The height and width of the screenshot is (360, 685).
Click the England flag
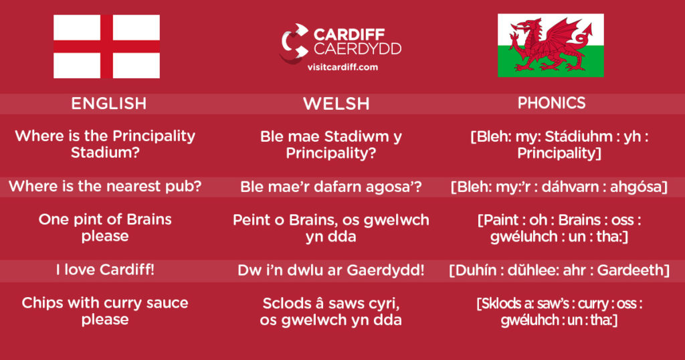pos(106,46)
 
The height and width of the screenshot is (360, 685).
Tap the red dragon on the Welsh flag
pos(551,45)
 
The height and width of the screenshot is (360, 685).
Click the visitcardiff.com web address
pos(342,68)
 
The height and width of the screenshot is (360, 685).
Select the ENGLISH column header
pos(109,104)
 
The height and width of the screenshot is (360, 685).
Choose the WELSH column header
pos(336,104)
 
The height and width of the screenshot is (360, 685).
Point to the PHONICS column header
pos(551,103)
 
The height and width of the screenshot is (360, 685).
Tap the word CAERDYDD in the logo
pos(357,49)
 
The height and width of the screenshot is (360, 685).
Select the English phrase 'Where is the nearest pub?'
pos(105,187)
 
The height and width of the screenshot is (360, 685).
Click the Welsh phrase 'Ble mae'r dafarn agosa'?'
pos(330,187)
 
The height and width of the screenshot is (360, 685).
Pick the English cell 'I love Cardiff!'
pos(105,270)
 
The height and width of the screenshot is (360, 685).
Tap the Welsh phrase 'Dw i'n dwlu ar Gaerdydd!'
pos(330,270)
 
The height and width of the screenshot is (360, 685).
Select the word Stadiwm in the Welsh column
pos(357,137)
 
